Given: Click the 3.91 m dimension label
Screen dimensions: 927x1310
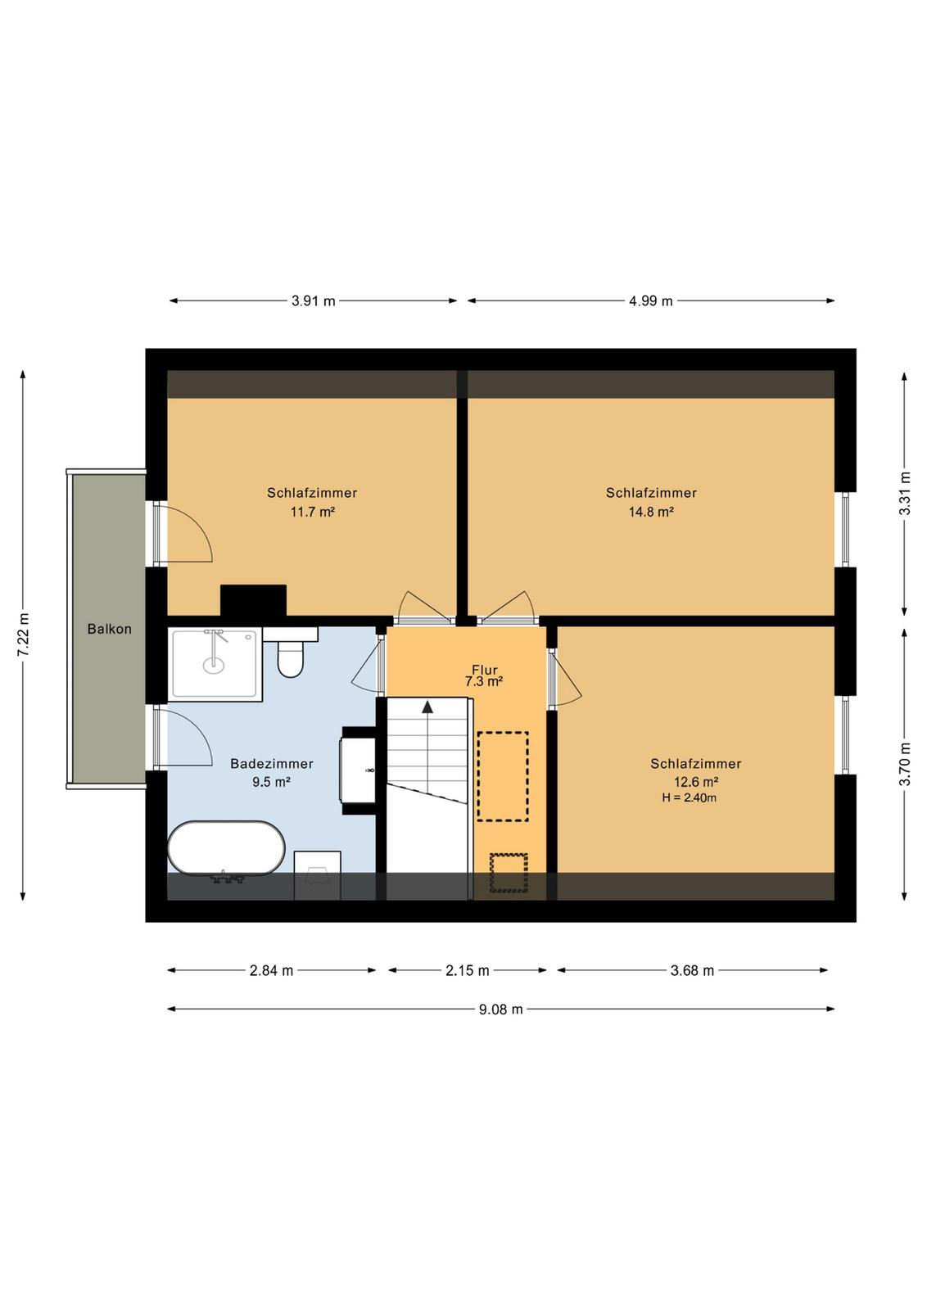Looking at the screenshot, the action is click(314, 301).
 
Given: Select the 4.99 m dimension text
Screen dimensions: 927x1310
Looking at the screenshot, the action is click(650, 301).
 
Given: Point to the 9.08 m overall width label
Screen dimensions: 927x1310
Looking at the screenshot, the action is click(500, 1009).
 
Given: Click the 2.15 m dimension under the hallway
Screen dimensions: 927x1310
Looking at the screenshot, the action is click(468, 971).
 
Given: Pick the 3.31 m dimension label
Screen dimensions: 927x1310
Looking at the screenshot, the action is click(905, 493).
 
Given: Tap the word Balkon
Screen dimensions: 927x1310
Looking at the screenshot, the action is click(110, 630).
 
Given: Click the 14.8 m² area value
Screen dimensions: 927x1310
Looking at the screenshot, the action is click(651, 512).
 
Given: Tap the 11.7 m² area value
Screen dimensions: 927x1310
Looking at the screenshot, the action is click(312, 512).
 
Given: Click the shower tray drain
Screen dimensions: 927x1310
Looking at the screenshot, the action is click(212, 664).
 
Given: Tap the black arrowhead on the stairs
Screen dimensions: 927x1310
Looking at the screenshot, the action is click(428, 707).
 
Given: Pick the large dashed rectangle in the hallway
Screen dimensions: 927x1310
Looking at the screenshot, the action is click(503, 777).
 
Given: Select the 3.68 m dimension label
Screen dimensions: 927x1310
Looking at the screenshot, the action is click(692, 971).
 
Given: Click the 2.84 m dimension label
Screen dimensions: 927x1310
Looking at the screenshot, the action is click(271, 971).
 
